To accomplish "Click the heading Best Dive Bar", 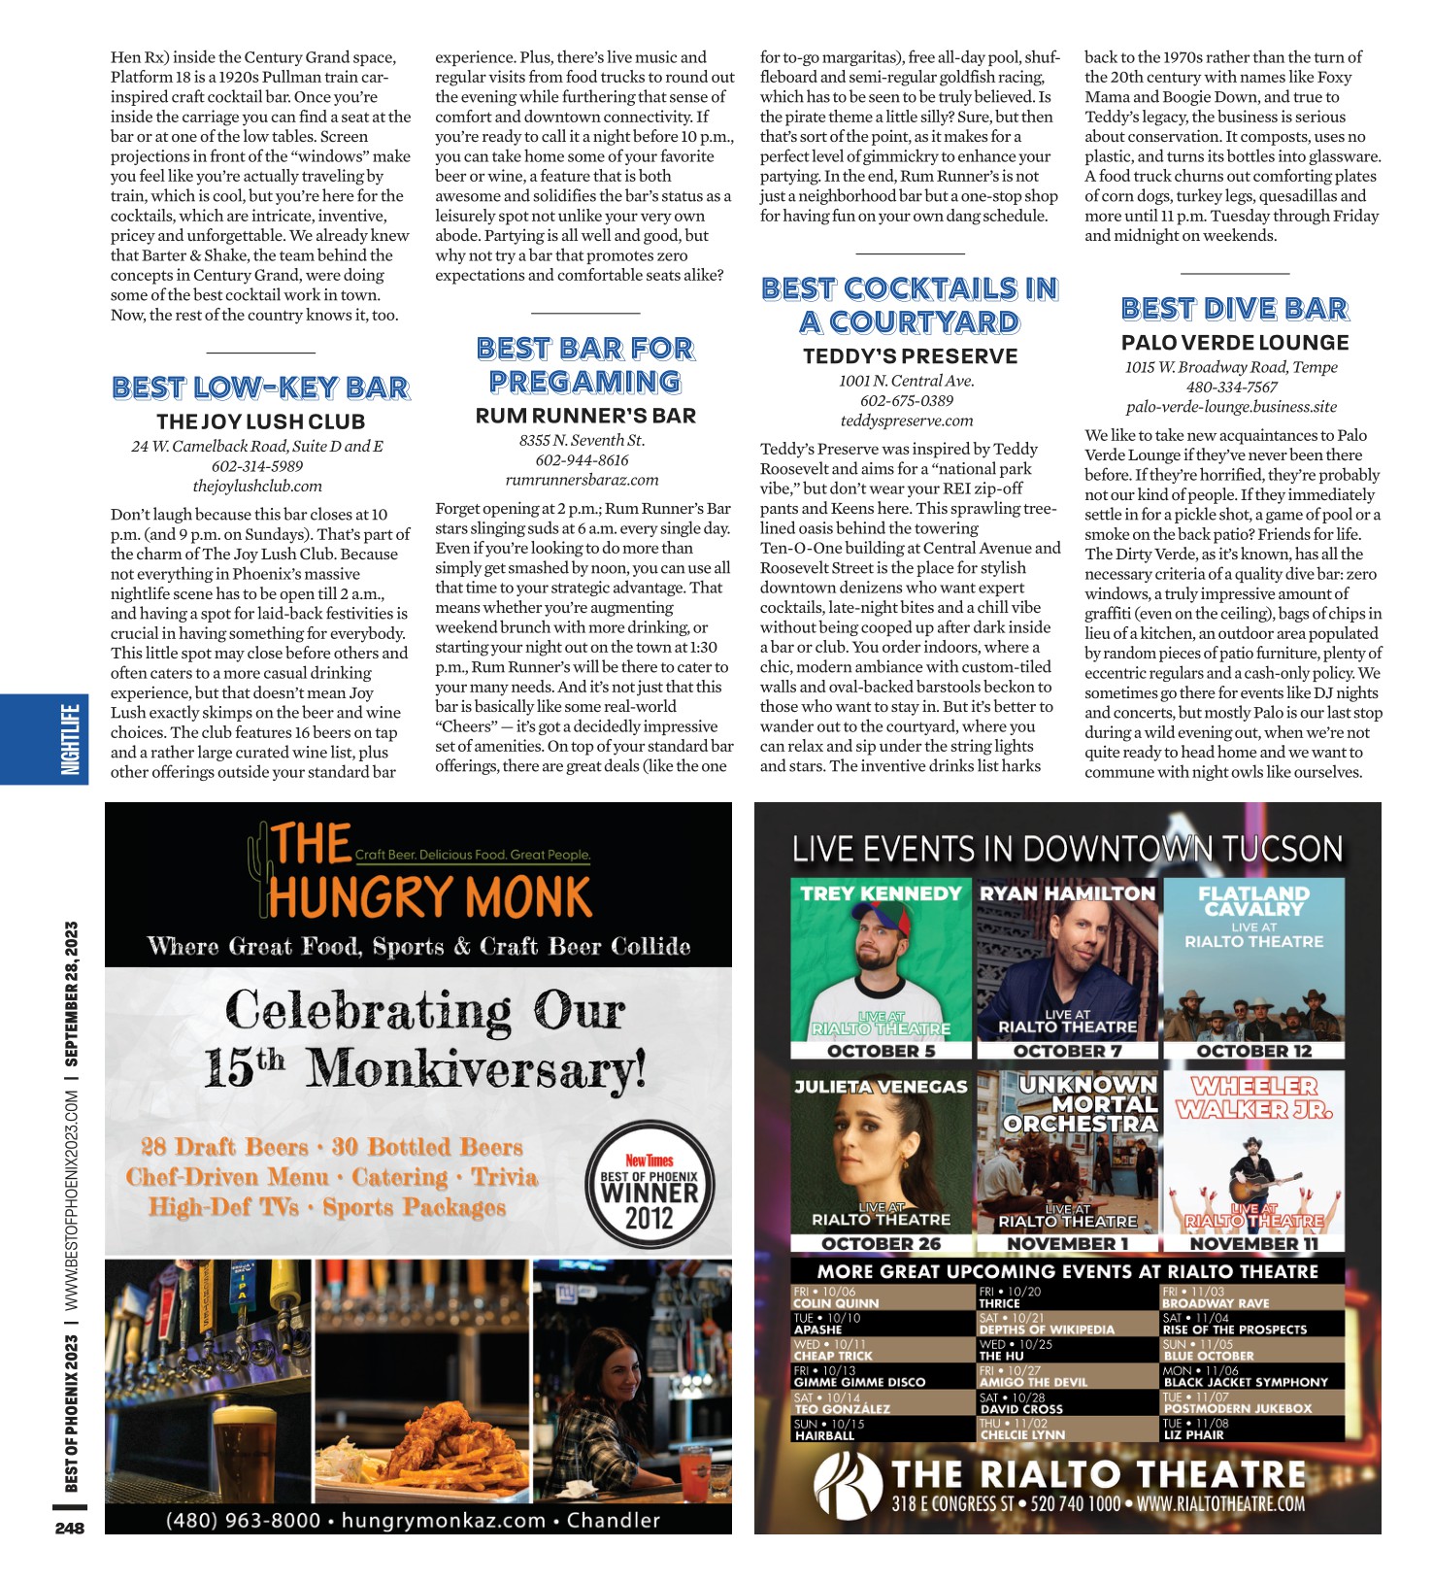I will click(1234, 309).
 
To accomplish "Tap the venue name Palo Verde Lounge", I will click(1234, 343).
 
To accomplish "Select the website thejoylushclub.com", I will click(257, 486).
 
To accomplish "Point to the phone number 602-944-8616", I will click(582, 460).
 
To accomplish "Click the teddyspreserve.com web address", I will click(907, 421).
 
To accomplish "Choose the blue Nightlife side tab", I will click(70, 739).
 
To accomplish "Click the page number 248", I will click(70, 1528).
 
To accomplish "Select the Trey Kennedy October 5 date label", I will click(881, 1051).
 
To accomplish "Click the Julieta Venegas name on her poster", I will click(881, 1087).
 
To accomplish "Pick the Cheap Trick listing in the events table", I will click(833, 1356).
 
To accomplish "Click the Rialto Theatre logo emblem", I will click(845, 1486).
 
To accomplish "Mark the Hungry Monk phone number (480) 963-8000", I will click(243, 1520).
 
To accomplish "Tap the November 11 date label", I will click(1253, 1243).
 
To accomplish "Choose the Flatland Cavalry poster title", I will click(1253, 900).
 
